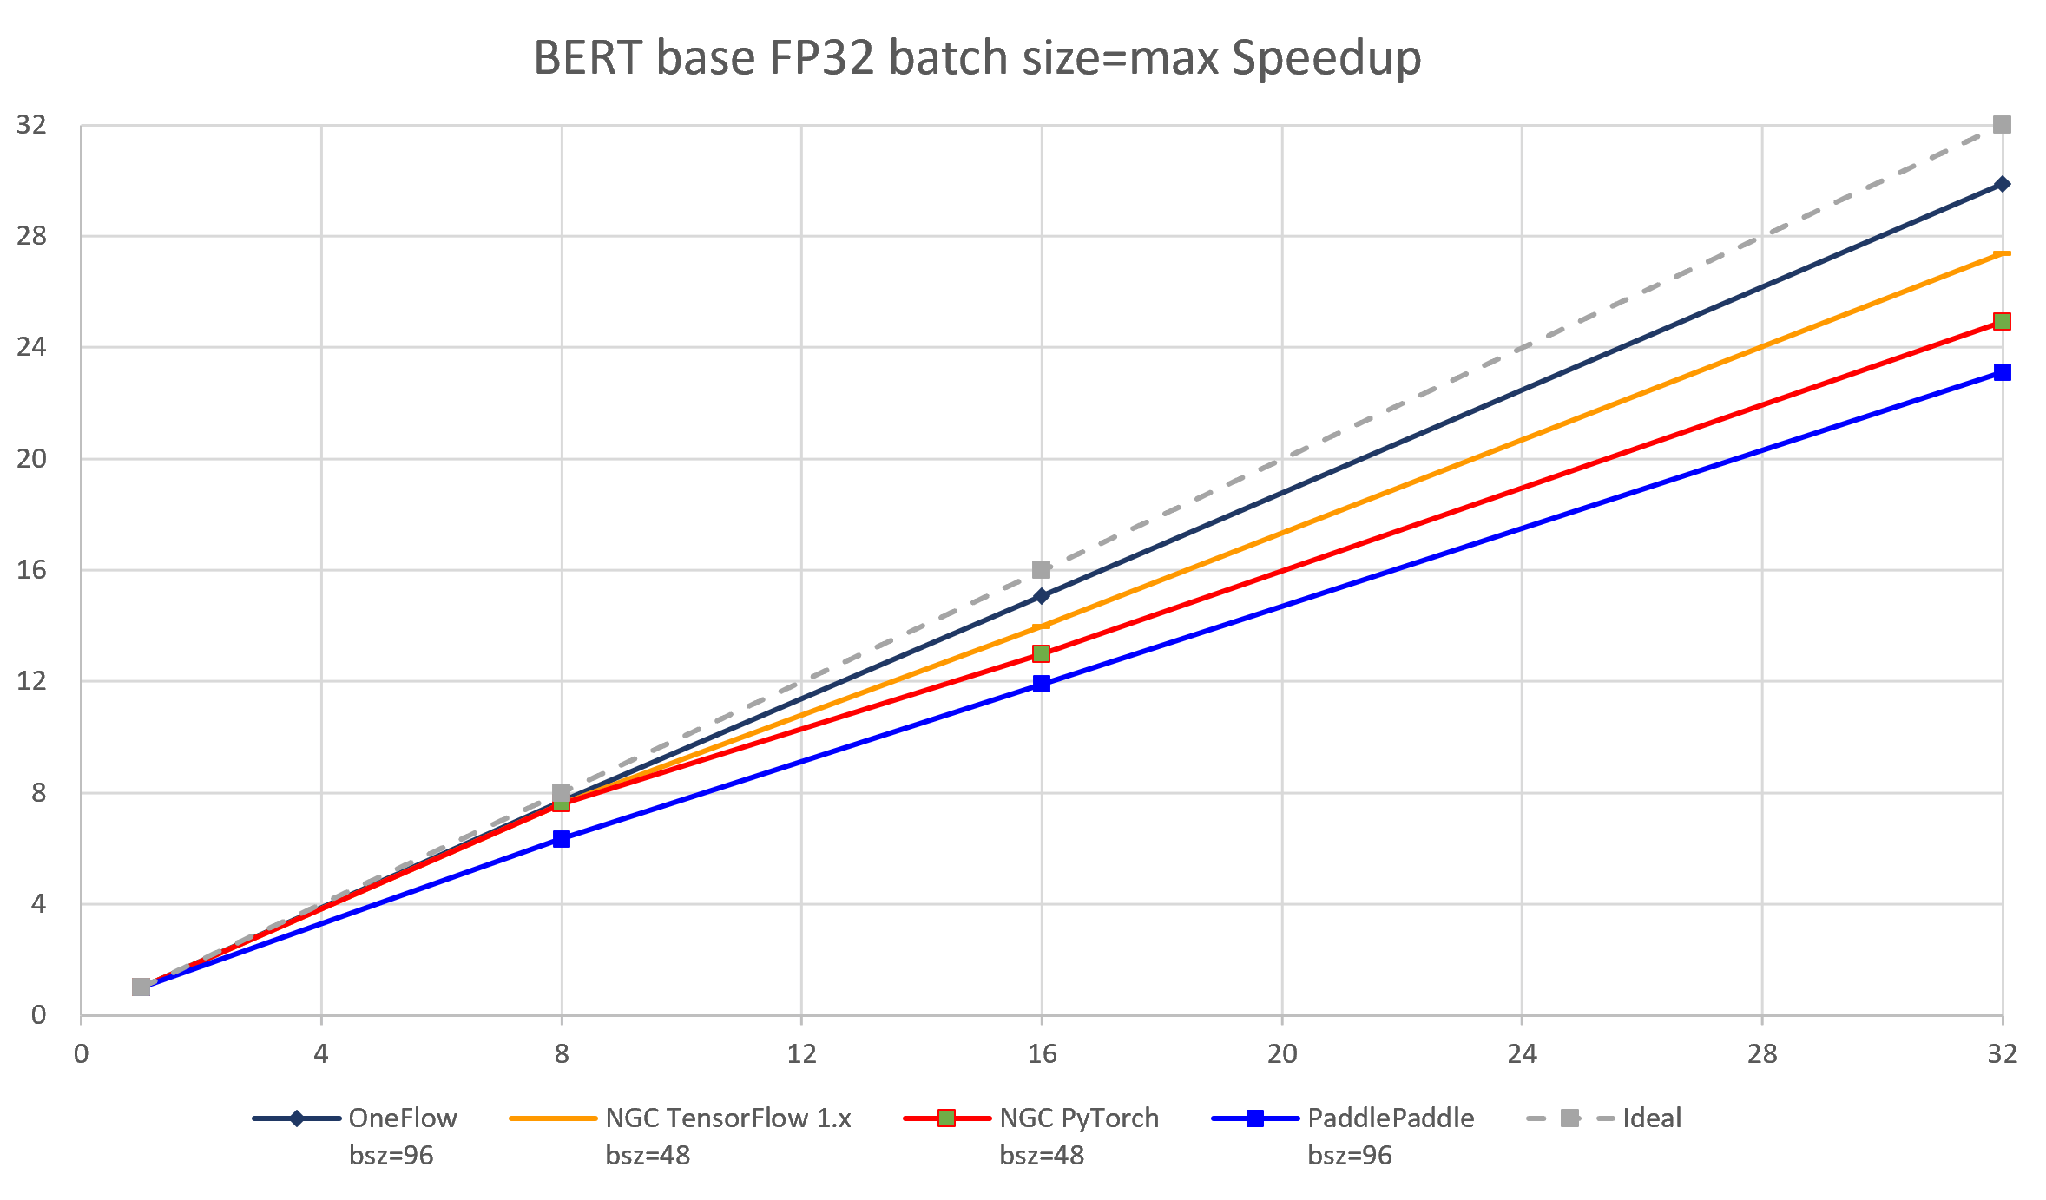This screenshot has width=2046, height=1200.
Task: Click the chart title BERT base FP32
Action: click(977, 59)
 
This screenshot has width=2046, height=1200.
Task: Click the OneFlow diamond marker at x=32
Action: click(2002, 184)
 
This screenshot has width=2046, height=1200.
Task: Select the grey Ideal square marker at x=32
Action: click(2002, 125)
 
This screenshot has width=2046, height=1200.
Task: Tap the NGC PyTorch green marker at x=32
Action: click(2002, 322)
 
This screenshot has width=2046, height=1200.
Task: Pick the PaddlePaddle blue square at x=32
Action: click(2002, 372)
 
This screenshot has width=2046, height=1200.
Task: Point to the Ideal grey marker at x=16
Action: click(1042, 570)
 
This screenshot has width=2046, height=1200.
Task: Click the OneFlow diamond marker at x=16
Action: click(1042, 596)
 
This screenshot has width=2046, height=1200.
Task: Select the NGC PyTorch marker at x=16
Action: click(1042, 653)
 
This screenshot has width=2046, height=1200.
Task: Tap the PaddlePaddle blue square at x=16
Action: click(1042, 684)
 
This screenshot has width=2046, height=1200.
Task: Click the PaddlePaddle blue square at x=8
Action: click(562, 839)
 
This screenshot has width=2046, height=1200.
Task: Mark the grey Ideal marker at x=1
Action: click(141, 987)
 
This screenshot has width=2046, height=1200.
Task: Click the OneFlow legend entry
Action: click(402, 1118)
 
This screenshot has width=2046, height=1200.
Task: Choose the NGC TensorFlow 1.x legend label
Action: click(727, 1118)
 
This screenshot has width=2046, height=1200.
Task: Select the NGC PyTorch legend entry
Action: click(1078, 1118)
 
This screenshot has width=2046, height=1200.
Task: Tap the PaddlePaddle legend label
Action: click(1390, 1118)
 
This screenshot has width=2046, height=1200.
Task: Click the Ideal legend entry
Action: click(1651, 1118)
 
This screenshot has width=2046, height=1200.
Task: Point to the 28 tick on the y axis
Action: click(32, 236)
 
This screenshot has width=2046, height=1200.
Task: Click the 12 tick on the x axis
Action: click(801, 1054)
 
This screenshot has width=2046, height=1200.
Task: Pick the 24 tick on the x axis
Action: click(1522, 1054)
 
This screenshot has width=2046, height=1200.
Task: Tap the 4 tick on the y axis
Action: click(38, 904)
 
